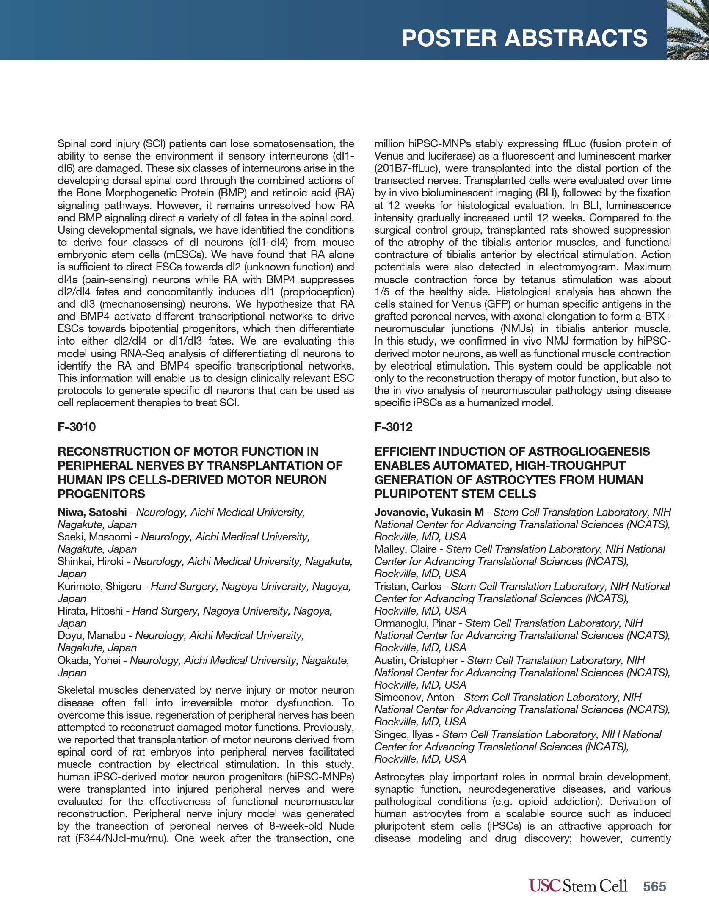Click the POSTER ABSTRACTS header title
click(524, 38)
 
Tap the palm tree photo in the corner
click(688, 30)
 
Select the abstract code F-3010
click(77, 427)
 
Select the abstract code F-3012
click(393, 427)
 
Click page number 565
click(654, 886)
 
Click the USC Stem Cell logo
click(578, 886)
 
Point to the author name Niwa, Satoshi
click(92, 512)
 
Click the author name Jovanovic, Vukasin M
click(429, 512)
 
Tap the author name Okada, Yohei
click(89, 660)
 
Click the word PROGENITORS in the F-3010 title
click(101, 494)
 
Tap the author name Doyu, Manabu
click(91, 635)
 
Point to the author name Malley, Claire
click(405, 549)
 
